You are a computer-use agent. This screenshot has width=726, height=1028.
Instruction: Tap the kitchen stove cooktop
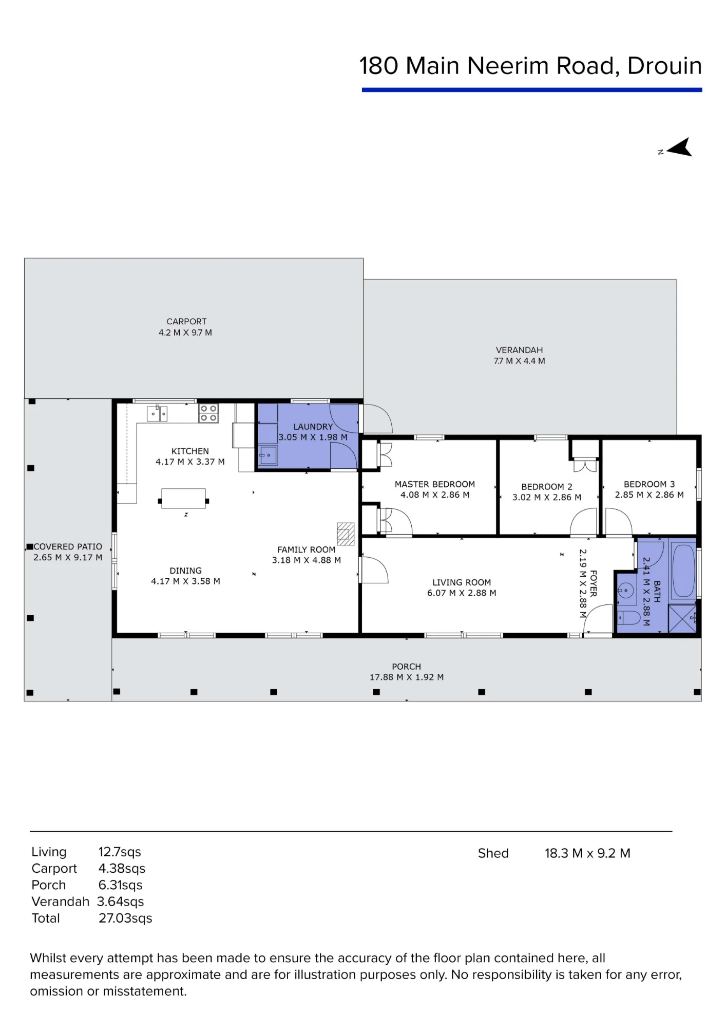[x=208, y=413]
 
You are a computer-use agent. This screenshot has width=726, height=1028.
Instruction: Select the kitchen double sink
[x=157, y=413]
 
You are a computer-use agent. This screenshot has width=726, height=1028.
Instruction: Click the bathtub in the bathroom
[x=683, y=570]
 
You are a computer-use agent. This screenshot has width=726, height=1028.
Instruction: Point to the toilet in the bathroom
[x=629, y=617]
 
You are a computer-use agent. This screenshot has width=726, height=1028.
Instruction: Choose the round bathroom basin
[x=626, y=591]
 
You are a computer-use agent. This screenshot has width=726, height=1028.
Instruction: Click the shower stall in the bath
[x=682, y=618]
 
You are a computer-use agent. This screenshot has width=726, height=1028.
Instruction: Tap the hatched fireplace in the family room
[x=346, y=534]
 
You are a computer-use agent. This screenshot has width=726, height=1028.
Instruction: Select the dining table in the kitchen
[x=184, y=499]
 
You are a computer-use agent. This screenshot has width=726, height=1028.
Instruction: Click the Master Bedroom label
[x=435, y=484]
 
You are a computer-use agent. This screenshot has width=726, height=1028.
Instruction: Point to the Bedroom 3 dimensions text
[x=649, y=495]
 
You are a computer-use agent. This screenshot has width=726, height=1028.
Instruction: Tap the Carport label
[x=186, y=322]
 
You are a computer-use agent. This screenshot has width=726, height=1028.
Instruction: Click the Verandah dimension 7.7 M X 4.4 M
[x=519, y=361]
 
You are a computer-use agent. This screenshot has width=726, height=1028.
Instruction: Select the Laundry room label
[x=313, y=427]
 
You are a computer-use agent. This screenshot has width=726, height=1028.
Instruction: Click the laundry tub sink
[x=268, y=455]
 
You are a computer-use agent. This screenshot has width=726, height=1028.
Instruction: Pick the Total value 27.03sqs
[x=125, y=918]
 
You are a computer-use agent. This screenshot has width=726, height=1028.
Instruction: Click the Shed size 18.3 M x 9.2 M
[x=587, y=853]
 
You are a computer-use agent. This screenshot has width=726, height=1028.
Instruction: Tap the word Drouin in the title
[x=664, y=66]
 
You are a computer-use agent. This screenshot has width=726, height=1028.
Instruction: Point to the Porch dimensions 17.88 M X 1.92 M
[x=407, y=677]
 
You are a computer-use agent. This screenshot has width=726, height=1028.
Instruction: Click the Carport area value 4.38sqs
[x=122, y=868]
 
